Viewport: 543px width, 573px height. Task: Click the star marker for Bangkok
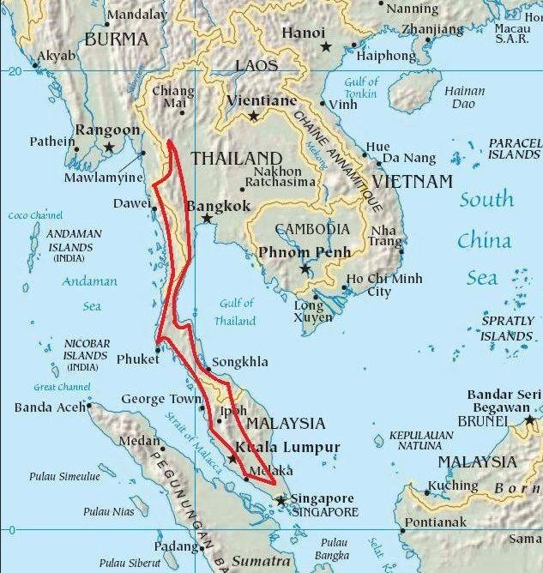[x=208, y=220]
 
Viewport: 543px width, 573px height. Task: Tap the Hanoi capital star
[x=326, y=46]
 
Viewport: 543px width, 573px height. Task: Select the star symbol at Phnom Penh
[x=305, y=268]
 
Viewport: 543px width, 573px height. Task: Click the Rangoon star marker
[x=109, y=148]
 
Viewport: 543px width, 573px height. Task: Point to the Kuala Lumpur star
[x=232, y=460]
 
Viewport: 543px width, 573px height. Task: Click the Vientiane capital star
[x=253, y=116]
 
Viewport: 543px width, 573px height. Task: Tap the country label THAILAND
[x=236, y=158]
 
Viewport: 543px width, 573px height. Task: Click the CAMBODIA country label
[x=311, y=229]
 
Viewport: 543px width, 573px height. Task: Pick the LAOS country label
[x=256, y=66]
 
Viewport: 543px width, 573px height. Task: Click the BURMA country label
[x=116, y=39]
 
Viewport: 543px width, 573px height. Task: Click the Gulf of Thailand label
[x=236, y=312]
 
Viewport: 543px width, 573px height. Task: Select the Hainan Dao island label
[x=463, y=97]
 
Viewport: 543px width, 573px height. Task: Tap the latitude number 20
[x=13, y=72]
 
